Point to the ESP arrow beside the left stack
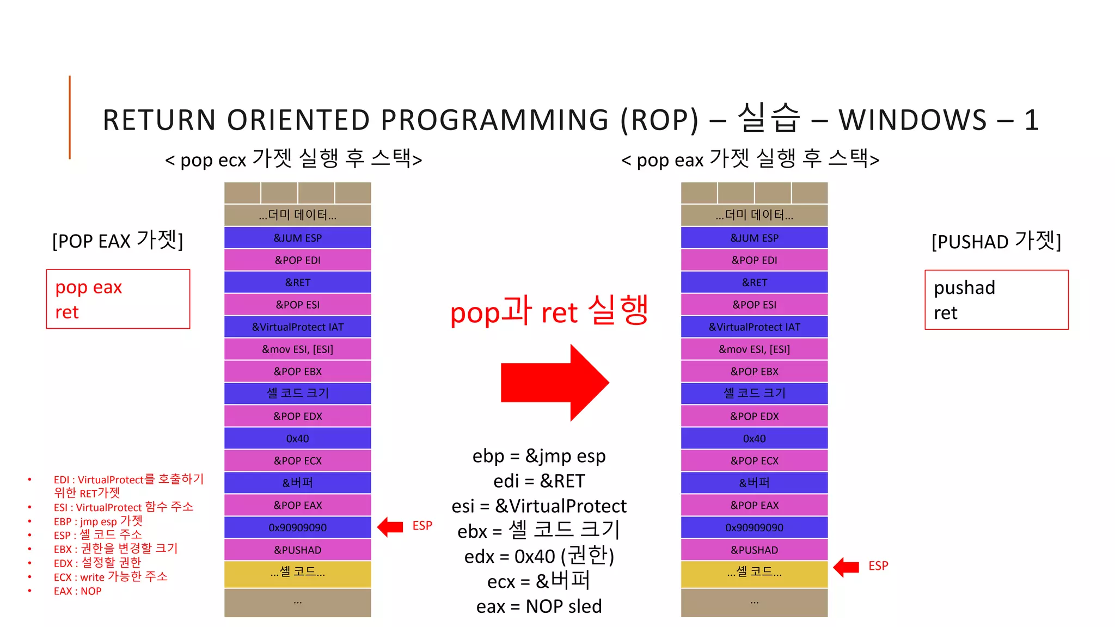(390, 527)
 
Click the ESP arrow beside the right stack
(846, 567)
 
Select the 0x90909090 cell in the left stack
(297, 527)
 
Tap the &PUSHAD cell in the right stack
(754, 550)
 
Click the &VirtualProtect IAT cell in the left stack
(297, 327)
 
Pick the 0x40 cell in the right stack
(754, 439)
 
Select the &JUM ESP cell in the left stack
(297, 238)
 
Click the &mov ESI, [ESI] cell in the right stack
(754, 349)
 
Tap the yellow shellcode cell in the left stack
(297, 573)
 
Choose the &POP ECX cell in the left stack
(297, 461)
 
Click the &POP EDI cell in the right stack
(754, 260)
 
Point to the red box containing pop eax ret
(118, 299)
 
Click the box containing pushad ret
(996, 300)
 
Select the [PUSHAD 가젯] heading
(996, 241)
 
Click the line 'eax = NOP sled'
(539, 606)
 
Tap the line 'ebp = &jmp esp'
(539, 456)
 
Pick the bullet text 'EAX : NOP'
(77, 591)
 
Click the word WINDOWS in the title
(912, 120)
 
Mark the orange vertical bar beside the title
(70, 117)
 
